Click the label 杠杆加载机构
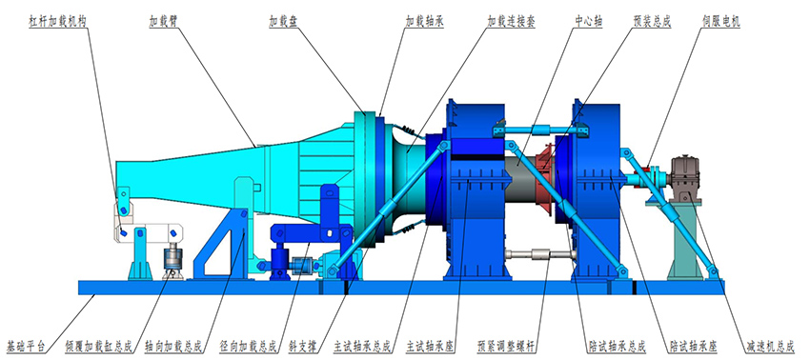point(57,22)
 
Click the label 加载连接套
point(512,22)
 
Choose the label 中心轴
point(588,22)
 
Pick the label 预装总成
point(652,22)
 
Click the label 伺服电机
point(720,22)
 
